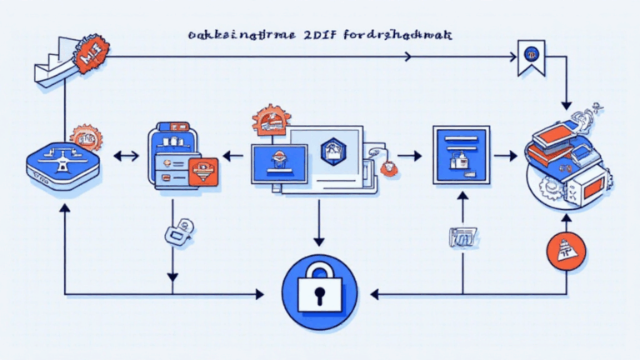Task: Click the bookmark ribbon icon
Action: point(529,57)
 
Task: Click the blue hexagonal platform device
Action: point(62,163)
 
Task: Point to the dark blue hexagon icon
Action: point(332,149)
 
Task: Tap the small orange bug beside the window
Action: point(388,167)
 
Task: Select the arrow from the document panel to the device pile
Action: point(506,155)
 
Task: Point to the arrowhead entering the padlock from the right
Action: point(375,293)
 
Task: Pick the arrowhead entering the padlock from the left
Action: point(260,293)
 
